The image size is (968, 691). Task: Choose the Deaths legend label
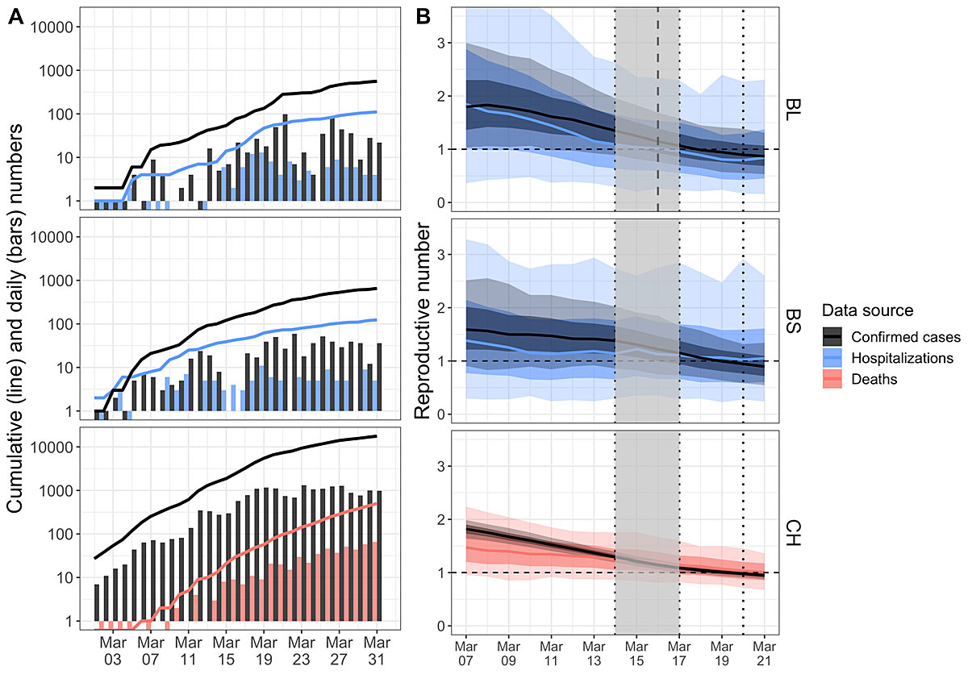coord(877,378)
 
